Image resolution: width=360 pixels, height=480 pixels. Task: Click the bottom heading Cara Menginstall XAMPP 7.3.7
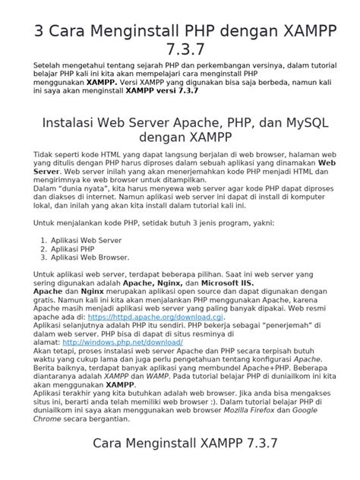(180, 442)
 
